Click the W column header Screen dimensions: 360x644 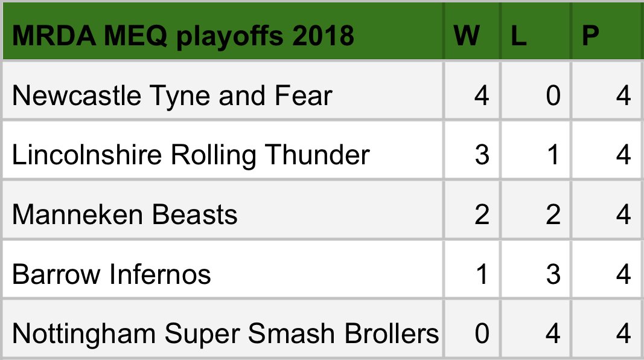[467, 36]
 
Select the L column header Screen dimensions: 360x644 [519, 36]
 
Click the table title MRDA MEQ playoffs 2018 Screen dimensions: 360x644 [183, 36]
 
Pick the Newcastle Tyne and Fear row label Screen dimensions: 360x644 [172, 95]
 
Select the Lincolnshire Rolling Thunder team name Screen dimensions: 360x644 [191, 155]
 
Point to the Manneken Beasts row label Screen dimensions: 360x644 [125, 215]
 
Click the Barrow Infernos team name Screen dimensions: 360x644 [112, 275]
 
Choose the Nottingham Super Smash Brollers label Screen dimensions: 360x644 [225, 333]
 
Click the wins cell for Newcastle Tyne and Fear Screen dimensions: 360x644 [481, 95]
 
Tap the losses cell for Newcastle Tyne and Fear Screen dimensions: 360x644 [553, 95]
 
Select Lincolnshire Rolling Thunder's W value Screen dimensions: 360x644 [481, 155]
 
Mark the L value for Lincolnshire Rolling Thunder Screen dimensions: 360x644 [553, 155]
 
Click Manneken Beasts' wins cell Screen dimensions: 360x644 [481, 215]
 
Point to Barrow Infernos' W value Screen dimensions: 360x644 [481, 275]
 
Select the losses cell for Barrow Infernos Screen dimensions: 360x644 [553, 275]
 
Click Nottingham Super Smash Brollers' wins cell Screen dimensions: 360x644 [481, 333]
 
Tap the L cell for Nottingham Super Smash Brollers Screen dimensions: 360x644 [553, 333]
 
